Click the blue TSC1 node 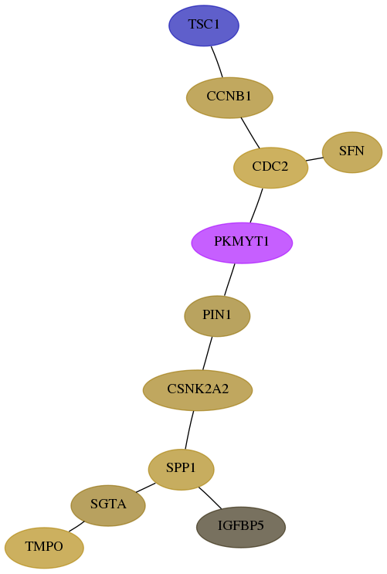[x=204, y=25]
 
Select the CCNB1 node [x=229, y=98]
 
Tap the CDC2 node [x=270, y=168]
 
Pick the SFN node [x=351, y=152]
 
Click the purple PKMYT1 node [x=242, y=243]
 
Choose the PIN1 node [x=217, y=316]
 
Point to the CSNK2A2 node [x=198, y=390]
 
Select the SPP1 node [x=181, y=469]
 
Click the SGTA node [x=108, y=505]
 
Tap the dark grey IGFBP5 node [x=241, y=527]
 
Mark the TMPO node [x=44, y=548]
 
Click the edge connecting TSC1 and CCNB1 [x=217, y=62]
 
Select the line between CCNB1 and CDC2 [x=250, y=133]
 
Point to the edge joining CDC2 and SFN [x=314, y=159]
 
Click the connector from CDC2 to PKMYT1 [x=256, y=205]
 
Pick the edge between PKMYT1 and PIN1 [x=229, y=280]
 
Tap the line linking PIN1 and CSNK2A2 [x=207, y=353]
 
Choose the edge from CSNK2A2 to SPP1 [x=189, y=430]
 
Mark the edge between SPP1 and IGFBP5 [x=210, y=498]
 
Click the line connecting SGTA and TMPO [x=76, y=526]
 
